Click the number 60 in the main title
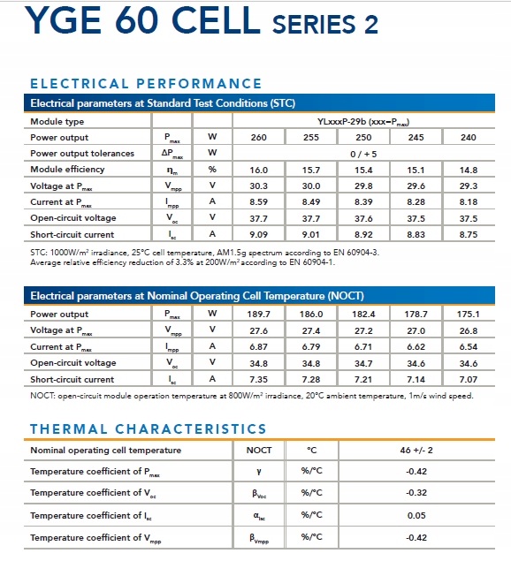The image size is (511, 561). coord(136,20)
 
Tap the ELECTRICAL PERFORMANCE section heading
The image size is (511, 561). coord(146,84)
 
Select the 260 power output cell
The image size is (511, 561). coord(258,138)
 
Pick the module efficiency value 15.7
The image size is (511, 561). coord(311,170)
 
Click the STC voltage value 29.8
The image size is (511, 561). coord(363,186)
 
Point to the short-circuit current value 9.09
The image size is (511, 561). coord(258,235)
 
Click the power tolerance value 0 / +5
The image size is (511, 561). coord(363,155)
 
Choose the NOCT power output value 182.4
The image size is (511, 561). coord(363,315)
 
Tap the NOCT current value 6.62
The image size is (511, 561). coord(416,346)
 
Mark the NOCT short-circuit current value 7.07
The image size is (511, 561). coord(469,379)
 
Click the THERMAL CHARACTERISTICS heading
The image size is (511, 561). coord(149,429)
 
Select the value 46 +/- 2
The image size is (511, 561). coord(416,450)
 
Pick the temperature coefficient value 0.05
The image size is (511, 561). coord(416,516)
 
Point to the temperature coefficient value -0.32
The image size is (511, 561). coord(416,493)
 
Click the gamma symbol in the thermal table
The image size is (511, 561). coord(259,472)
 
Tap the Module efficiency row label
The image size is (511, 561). coord(67,170)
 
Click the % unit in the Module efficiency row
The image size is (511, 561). coord(212,170)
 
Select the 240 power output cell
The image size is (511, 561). coord(469,138)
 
